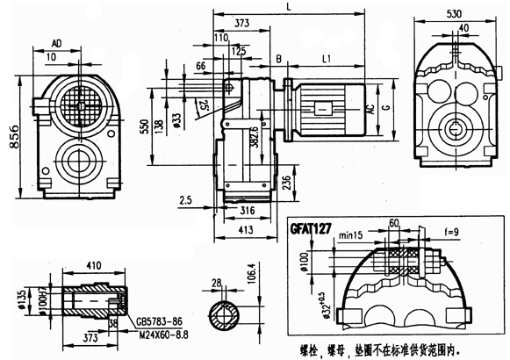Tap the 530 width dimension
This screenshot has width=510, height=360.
[x=454, y=14]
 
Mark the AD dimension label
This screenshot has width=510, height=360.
[x=56, y=41]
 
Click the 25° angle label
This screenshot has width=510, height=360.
[x=205, y=106]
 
